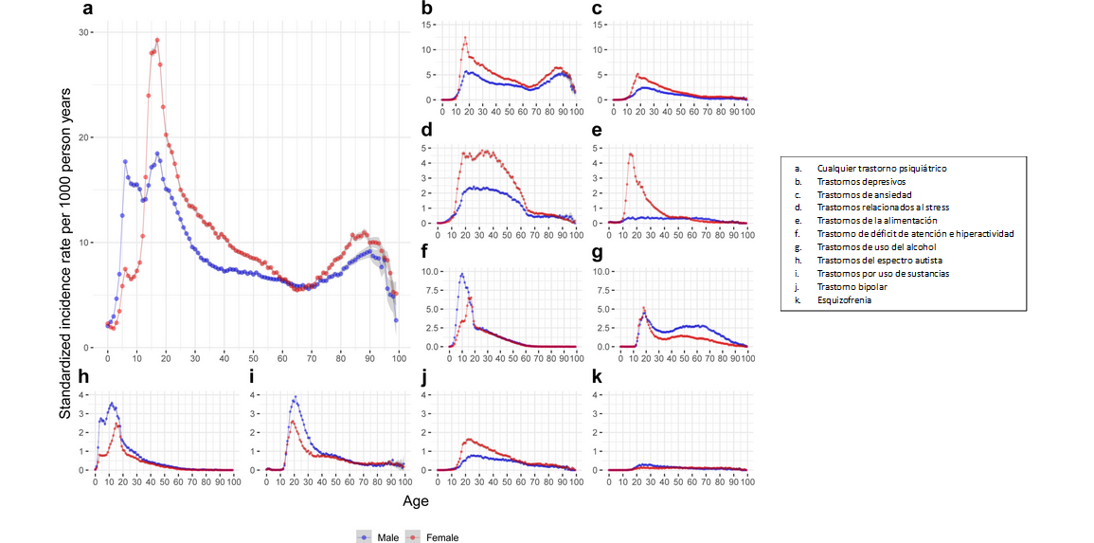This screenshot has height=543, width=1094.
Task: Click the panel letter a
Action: [x=88, y=10]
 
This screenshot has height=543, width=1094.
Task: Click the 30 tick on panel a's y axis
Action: [x=84, y=32]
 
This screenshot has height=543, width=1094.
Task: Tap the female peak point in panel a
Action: [x=157, y=41]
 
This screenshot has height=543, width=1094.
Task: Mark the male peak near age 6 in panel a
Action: [x=125, y=162]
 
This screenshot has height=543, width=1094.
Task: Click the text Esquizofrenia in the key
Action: [x=845, y=299]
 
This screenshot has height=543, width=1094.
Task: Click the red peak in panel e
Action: [x=630, y=154]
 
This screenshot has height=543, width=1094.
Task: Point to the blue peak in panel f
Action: [x=461, y=275]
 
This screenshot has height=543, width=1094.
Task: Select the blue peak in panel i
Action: [x=296, y=397]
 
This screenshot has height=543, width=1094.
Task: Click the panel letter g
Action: [x=596, y=254]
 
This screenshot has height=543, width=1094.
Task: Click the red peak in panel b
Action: [x=465, y=38]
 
